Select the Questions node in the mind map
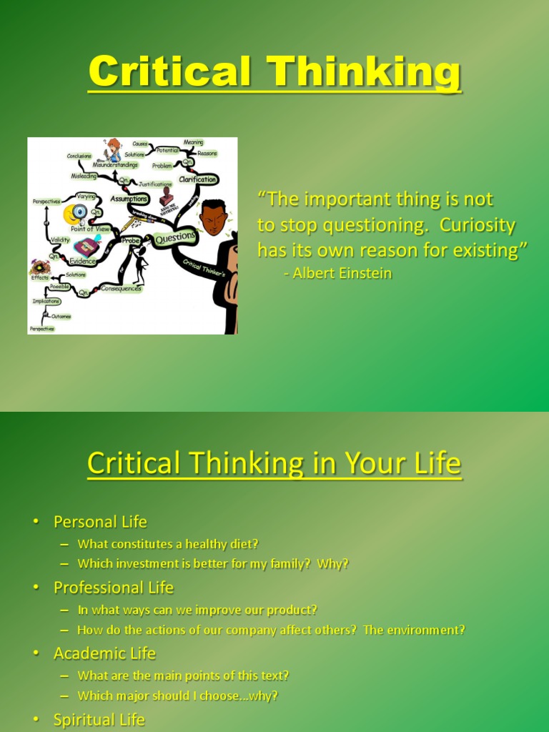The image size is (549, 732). [x=174, y=237]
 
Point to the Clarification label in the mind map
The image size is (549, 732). [x=198, y=179]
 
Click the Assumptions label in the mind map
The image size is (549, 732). [x=129, y=199]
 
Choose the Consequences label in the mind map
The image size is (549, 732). [x=120, y=289]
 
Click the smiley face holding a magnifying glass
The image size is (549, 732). [x=74, y=213]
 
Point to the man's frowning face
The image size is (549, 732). [x=213, y=219]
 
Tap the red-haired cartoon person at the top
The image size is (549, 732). [x=113, y=150]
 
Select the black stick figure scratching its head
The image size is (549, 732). [x=140, y=264]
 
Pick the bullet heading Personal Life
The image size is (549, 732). [x=100, y=522]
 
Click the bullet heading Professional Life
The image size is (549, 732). [x=114, y=588]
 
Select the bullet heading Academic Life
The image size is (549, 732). [x=104, y=653]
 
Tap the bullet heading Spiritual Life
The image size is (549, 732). [x=99, y=719]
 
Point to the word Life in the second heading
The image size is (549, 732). [x=435, y=463]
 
